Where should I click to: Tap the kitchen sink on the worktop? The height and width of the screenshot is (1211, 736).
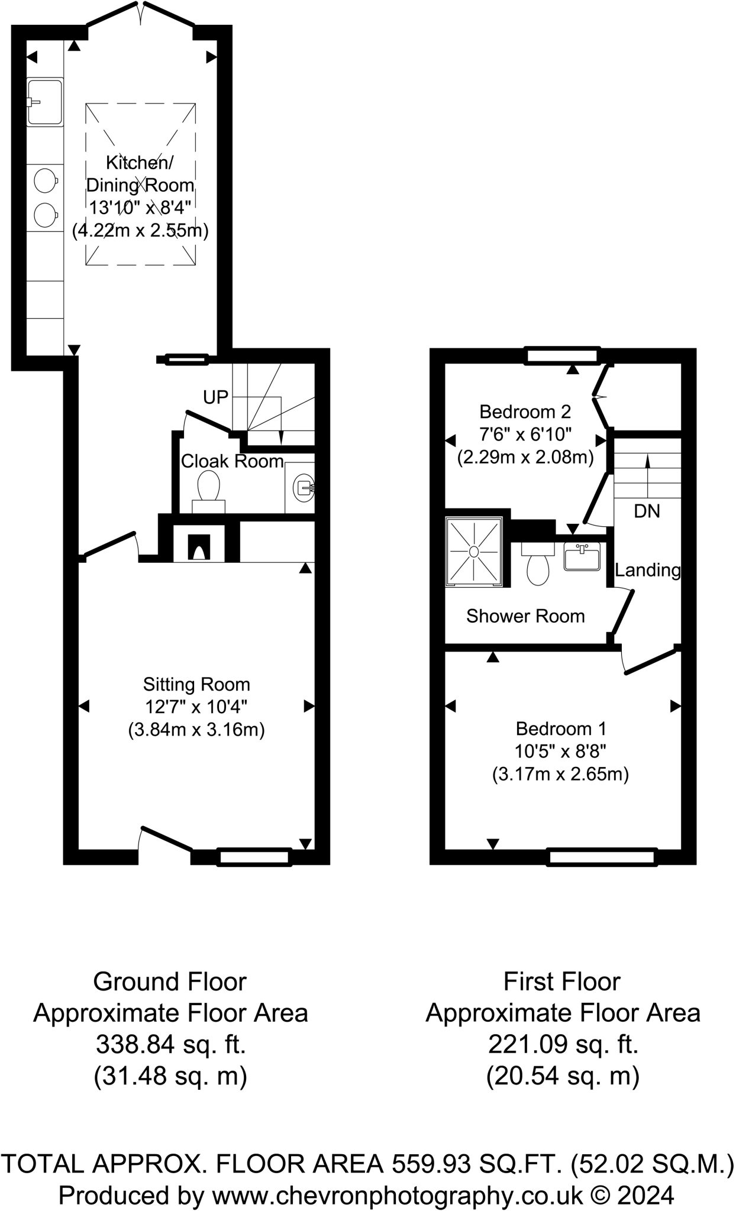click(x=45, y=102)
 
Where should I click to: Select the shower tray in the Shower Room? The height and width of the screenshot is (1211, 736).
click(x=474, y=551)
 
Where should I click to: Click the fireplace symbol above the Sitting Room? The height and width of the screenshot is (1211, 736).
click(x=199, y=547)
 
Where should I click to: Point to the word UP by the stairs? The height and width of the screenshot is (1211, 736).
click(x=215, y=397)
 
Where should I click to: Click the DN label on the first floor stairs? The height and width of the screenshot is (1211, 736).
click(x=647, y=511)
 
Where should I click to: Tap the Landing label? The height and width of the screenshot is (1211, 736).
click(x=648, y=570)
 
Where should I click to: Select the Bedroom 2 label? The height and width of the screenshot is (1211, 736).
click(x=525, y=412)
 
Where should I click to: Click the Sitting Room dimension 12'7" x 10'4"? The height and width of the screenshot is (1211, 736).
click(x=196, y=707)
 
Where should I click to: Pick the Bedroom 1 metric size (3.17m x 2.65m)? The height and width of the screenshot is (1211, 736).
click(x=560, y=774)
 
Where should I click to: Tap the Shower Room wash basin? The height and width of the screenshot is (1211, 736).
click(x=582, y=556)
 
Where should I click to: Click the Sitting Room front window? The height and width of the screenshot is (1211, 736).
click(x=254, y=857)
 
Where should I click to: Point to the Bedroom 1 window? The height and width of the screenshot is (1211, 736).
click(x=602, y=857)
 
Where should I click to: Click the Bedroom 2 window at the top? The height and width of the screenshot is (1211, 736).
click(x=563, y=355)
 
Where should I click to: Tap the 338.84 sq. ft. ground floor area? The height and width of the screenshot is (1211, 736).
click(x=170, y=1045)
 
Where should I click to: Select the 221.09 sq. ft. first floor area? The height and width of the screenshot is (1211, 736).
click(x=563, y=1045)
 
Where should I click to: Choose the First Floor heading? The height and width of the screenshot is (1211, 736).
click(x=561, y=982)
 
